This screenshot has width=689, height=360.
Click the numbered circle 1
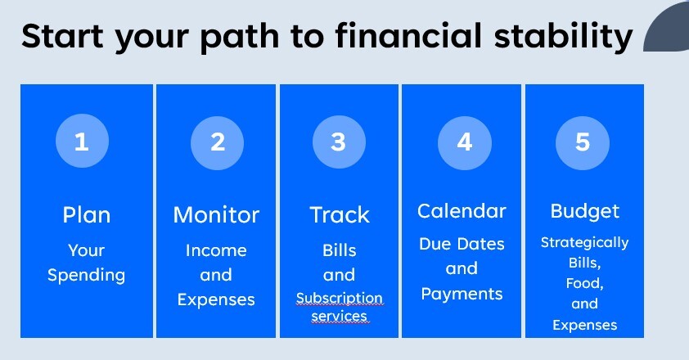tap(82, 141)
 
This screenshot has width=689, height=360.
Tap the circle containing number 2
tap(217, 143)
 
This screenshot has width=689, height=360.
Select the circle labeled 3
tap(339, 142)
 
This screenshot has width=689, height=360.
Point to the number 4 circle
tap(465, 143)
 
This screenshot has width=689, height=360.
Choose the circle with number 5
tap(583, 143)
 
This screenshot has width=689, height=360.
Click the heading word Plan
tap(86, 215)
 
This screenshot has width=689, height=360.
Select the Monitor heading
tap(216, 215)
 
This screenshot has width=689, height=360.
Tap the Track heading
tap(340, 215)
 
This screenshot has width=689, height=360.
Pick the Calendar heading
tap(462, 211)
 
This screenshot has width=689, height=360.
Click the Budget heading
tap(585, 211)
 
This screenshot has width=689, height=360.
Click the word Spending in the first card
tap(86, 276)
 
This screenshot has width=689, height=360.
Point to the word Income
tap(216, 250)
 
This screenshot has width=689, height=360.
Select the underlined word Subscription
tap(340, 298)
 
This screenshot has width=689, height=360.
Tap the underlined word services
tap(340, 317)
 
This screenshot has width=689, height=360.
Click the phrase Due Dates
tap(462, 244)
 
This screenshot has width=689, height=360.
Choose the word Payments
tap(462, 294)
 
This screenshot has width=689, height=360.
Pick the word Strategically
tap(584, 243)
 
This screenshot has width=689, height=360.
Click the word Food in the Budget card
tap(583, 282)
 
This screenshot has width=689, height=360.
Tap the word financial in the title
tap(408, 35)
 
